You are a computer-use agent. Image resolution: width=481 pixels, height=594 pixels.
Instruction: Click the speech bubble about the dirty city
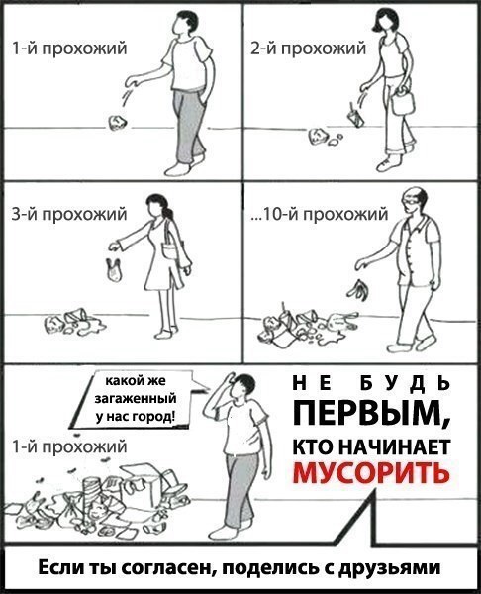140,398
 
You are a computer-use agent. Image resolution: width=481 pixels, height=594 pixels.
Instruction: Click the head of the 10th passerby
413,204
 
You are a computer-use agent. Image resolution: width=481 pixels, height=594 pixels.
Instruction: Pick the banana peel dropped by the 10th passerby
357,288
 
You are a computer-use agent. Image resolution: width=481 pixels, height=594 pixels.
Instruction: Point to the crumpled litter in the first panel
117,122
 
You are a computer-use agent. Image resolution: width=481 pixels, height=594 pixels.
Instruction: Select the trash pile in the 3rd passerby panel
71,322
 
